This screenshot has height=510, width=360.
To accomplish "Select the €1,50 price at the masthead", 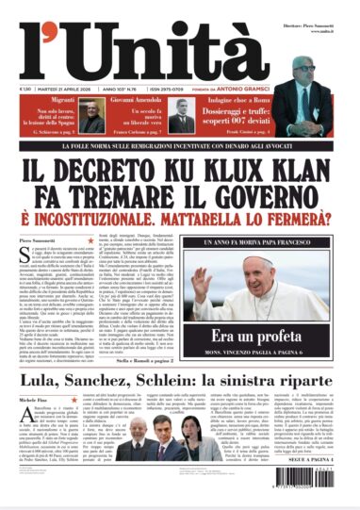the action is click(24, 90).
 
